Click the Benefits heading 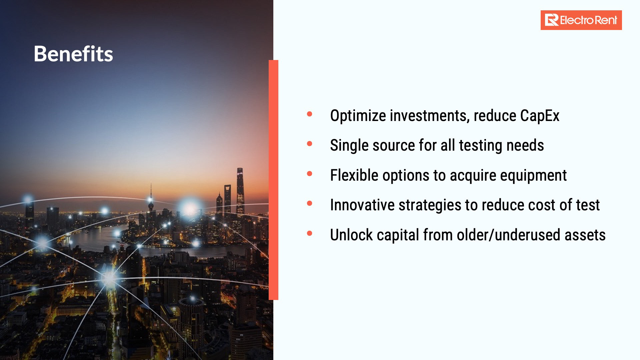coord(73,54)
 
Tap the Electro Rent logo coord(581,20)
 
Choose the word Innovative coord(362,205)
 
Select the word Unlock coord(351,235)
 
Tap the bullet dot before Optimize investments coord(310,114)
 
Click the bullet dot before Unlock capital coord(310,233)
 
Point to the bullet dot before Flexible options coord(310,174)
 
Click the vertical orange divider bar coord(273,180)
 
